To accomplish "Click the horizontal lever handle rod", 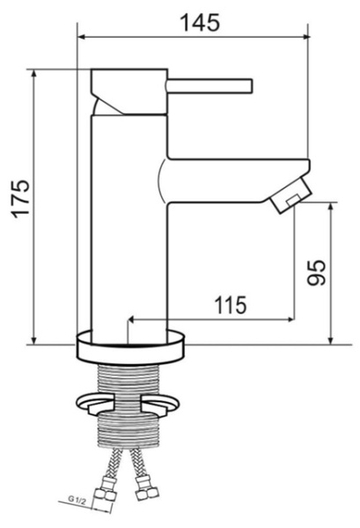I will click(x=211, y=85).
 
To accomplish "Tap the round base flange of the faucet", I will click(x=131, y=345).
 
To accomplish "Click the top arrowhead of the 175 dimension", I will click(x=35, y=74).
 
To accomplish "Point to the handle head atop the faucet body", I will click(x=129, y=88).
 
